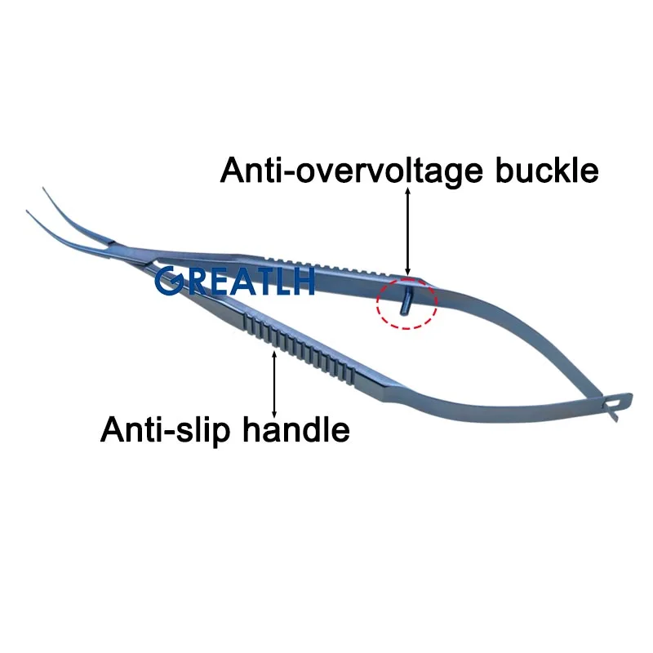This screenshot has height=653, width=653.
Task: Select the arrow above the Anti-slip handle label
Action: coord(274,384)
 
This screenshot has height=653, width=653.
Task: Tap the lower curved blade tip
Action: coord(30,214)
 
